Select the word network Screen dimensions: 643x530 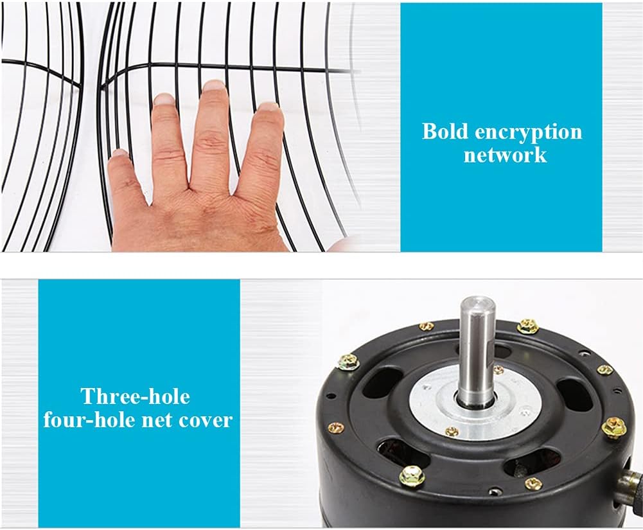[505, 155]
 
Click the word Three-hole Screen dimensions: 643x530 [136, 396]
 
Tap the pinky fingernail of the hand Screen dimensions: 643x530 [120, 153]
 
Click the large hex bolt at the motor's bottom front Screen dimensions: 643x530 [410, 476]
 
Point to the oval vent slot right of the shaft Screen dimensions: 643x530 [575, 394]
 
